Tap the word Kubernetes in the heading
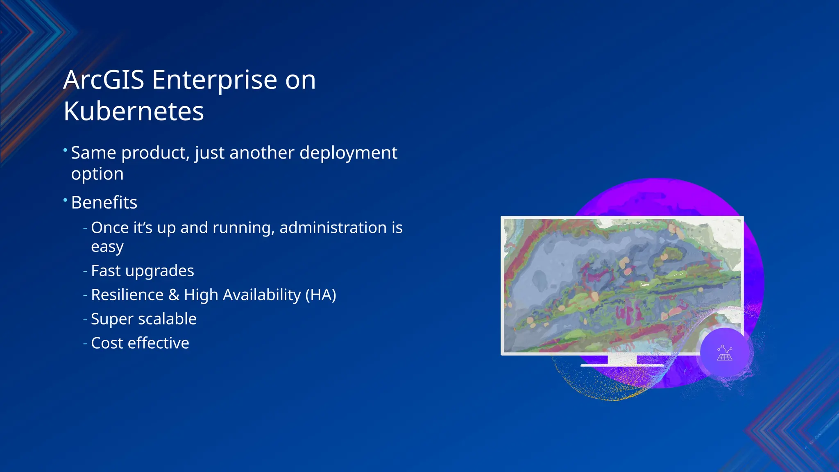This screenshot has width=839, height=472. pos(134,111)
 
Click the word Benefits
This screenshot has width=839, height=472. pos(104,202)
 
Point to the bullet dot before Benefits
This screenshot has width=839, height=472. pos(65,200)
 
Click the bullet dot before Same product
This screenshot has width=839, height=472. pos(65,150)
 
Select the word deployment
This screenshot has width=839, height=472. pos(348,153)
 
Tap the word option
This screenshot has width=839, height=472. pos(97,174)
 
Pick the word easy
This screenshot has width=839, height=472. pos(107,247)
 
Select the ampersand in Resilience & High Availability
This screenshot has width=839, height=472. pos(174,295)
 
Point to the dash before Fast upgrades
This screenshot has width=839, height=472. pos(85,271)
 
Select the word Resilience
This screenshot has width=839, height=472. pos(127,295)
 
